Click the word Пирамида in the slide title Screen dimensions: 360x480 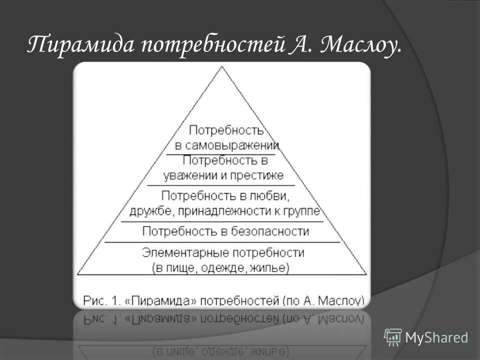pos(79,45)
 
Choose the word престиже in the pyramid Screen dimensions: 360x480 pos(257,175)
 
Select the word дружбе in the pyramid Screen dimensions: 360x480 pos(150,211)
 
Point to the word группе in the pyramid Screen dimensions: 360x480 pos(303,211)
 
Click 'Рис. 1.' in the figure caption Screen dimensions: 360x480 pos(102,300)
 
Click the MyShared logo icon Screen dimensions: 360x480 pos(393,337)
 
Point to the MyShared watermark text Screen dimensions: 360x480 pos(436,337)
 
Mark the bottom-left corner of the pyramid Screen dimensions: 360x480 pos(78,274)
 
